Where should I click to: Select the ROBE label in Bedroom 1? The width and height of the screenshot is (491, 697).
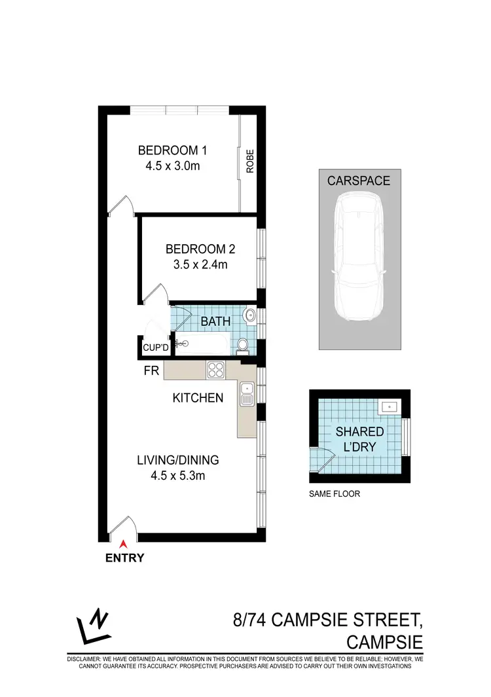[249, 161]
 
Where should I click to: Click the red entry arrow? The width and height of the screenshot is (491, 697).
[122, 541]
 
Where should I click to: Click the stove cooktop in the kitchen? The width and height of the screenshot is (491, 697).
[215, 370]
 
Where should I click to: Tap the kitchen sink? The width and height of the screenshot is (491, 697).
[247, 395]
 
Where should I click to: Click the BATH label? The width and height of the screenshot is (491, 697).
[215, 321]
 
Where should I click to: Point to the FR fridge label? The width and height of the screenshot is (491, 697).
[151, 371]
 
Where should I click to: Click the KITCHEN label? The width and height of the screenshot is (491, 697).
[198, 397]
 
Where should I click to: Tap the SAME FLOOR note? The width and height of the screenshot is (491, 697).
[334, 494]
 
